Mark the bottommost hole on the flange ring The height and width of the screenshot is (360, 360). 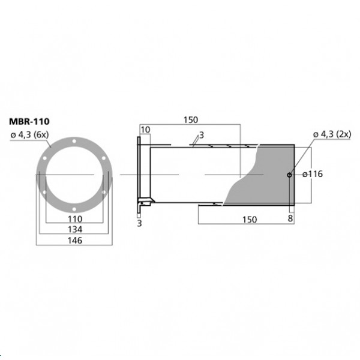click(x=73, y=206)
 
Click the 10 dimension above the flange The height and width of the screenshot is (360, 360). click(x=145, y=130)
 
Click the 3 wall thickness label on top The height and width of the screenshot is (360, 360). click(x=201, y=136)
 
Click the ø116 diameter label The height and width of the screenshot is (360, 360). click(x=313, y=174)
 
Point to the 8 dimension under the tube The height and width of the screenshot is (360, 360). click(x=292, y=220)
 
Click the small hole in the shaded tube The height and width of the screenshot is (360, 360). click(x=289, y=175)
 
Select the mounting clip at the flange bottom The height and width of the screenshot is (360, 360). click(x=144, y=201)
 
